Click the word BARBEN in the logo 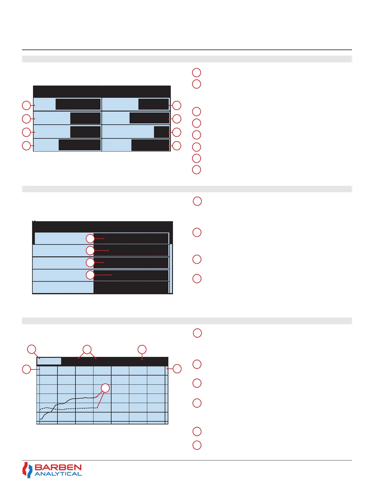pos(58,468)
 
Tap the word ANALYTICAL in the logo pos(58,474)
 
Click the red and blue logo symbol pos(27,470)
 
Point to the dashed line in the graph pos(76,408)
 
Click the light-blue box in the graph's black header pos(49,361)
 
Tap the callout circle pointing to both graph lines pos(105,388)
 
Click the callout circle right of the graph pos(177,369)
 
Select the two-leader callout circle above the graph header pos(87,349)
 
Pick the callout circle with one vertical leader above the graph pos(142,349)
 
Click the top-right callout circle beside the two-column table pos(177,105)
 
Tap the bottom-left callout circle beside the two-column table pos(27,146)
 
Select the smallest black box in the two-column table pos(161,132)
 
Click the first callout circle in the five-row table pos(90,238)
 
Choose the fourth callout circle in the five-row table pos(90,275)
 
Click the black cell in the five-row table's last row pos(131,288)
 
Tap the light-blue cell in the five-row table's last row pos(63,288)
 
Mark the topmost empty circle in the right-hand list pos(196,72)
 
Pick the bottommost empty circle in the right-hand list pos(197,445)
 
